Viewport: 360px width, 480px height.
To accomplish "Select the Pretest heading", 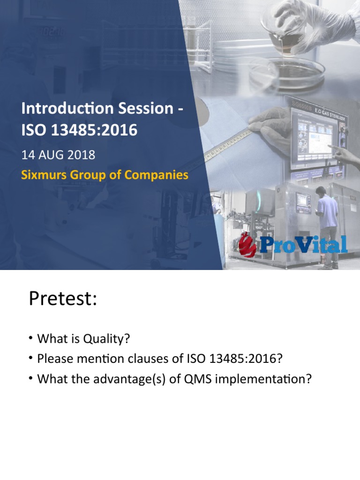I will [x=63, y=299].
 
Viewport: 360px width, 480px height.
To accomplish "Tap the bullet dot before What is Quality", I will [x=30, y=338].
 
